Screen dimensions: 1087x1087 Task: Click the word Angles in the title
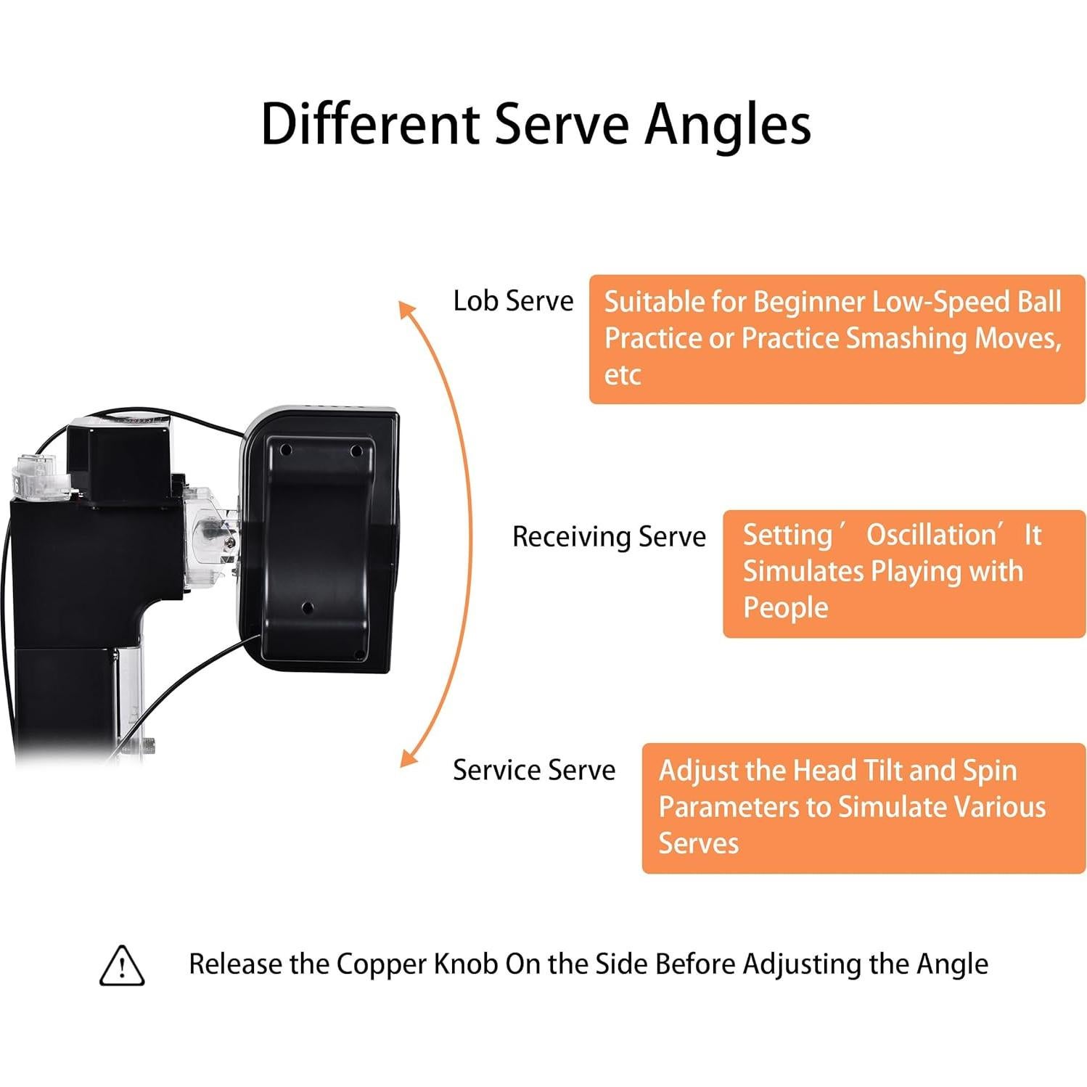728,125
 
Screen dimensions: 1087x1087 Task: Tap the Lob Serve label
513,300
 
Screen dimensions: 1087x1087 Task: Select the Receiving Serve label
609,537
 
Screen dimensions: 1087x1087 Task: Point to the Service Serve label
534,770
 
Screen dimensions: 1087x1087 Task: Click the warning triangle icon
122,965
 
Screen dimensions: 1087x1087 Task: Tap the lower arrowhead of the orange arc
408,758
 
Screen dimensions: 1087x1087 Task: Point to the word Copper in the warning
381,964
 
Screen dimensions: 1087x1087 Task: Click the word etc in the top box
622,375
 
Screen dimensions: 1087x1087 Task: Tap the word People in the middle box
785,607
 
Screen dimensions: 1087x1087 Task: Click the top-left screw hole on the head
286,451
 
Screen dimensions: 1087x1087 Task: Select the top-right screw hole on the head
356,451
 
